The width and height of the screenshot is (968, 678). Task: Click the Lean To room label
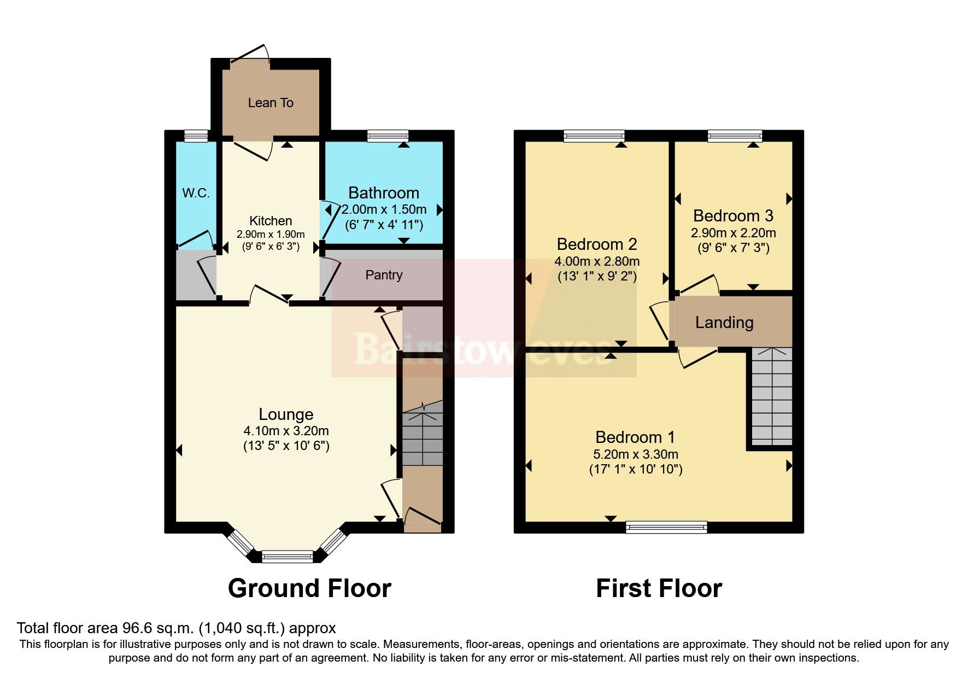(271, 103)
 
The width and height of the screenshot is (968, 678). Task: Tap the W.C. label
(196, 193)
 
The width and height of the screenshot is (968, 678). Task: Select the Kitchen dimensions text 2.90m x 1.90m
(271, 234)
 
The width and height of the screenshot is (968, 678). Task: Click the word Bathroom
(383, 193)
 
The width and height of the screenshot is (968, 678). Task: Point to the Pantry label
(384, 275)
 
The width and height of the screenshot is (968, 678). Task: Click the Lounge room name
(286, 414)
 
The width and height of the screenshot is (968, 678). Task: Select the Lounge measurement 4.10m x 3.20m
(286, 431)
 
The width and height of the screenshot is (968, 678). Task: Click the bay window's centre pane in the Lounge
(287, 557)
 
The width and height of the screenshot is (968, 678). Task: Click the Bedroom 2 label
(597, 244)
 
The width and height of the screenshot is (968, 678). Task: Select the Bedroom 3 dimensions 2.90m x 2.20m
(733, 233)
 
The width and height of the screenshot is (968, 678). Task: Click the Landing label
(724, 323)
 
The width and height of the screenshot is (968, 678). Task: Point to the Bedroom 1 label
(635, 437)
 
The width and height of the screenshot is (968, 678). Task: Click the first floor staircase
(772, 396)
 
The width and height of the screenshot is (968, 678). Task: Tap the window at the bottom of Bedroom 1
(666, 527)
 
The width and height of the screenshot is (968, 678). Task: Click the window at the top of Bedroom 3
(735, 136)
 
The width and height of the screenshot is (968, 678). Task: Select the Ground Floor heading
(309, 589)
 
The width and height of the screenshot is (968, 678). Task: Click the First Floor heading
(659, 589)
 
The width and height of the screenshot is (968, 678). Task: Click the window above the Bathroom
(388, 136)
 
